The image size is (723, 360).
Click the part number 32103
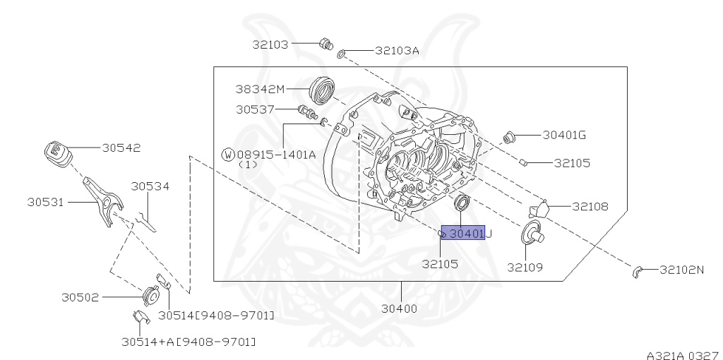(270, 44)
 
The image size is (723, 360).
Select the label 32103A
(397, 51)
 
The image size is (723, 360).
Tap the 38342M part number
(260, 89)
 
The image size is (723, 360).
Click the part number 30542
(121, 148)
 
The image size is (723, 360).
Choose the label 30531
(47, 202)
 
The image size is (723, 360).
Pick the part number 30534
(150, 186)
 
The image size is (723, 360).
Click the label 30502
(80, 298)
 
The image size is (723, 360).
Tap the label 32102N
(682, 270)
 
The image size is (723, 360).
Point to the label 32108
(590, 207)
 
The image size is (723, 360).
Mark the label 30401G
(565, 134)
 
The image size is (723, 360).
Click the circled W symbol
(228, 154)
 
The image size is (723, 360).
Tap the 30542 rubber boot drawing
(56, 153)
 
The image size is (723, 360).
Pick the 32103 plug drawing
(325, 44)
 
